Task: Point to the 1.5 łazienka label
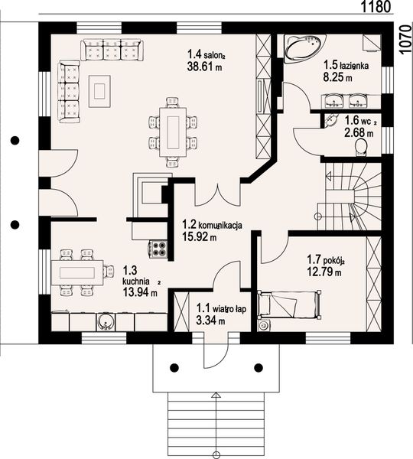point(346,66)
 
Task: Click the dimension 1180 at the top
point(376,7)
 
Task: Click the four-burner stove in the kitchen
point(159,247)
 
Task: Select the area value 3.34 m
point(210,321)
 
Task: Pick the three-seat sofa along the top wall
point(112,51)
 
